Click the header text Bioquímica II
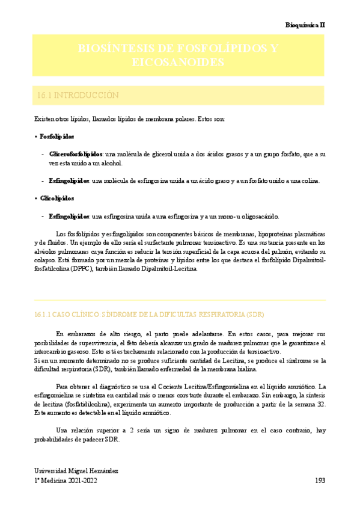tap(305, 25)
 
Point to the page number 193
tap(320, 481)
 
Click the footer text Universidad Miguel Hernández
tap(76, 470)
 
